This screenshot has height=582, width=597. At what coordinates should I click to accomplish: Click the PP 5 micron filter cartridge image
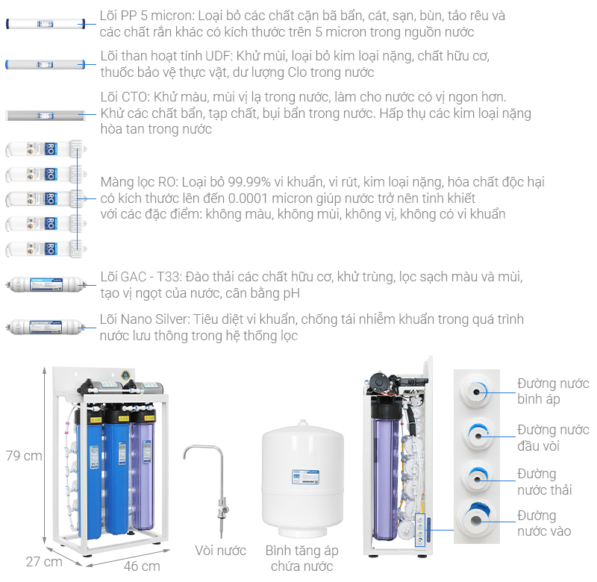pos(46,24)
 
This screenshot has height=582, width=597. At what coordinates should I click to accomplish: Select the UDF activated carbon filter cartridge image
pos(46,64)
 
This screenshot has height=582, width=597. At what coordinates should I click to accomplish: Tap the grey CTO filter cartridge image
pos(46,115)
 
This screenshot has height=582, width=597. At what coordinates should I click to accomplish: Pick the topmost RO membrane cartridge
pos(46,148)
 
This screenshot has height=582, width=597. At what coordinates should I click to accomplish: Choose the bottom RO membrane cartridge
pos(46,249)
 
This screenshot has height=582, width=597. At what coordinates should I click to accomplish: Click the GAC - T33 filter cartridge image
pos(46,284)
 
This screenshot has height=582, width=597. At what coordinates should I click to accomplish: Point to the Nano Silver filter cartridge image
pos(46,327)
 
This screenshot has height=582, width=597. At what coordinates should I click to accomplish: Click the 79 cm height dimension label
pos(24,455)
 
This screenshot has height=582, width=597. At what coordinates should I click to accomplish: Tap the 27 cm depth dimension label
pos(44,561)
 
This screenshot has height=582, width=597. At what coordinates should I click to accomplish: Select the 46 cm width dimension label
pos(142,566)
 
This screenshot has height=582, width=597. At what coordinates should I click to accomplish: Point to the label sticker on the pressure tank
pos(305,477)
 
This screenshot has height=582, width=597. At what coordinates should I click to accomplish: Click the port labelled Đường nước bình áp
pos(476,391)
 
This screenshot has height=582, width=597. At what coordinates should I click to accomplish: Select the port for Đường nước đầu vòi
pos(478,435)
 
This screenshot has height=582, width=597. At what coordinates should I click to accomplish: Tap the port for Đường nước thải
pos(478,478)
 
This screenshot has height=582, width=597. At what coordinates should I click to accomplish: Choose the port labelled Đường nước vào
pos(476,519)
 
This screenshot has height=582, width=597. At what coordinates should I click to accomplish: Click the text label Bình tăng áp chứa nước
pos(302,558)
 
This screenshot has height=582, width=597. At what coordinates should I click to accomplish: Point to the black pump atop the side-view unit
pos(381,382)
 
